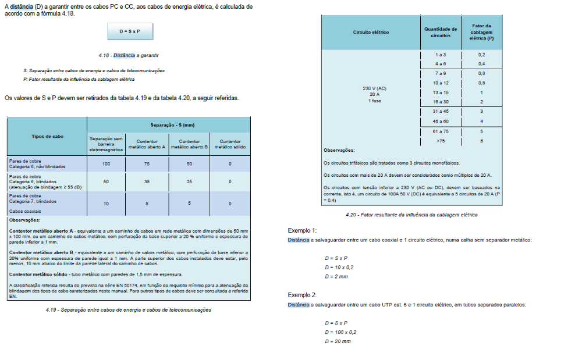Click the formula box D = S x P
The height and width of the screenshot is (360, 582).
point(130,31)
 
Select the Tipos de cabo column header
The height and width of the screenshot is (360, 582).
point(47,136)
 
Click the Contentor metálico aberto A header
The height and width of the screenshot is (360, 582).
point(147,144)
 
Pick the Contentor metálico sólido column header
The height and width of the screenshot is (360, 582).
point(230,144)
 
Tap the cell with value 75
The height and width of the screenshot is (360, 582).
point(147,164)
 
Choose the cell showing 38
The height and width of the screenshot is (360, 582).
point(147,181)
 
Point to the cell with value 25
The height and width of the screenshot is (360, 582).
point(189,181)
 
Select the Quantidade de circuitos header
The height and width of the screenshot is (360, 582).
point(441,32)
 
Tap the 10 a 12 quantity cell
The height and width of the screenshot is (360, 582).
point(441,83)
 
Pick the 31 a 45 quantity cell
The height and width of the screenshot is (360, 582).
point(441,111)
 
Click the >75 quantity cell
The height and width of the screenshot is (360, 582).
point(441,140)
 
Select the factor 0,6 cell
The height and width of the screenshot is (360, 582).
point(481,73)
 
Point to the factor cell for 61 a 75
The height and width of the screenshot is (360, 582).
point(481,131)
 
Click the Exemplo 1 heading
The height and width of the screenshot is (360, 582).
point(303,230)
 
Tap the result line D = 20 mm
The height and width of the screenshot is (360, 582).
point(338,341)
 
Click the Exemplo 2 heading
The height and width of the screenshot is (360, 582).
point(303,295)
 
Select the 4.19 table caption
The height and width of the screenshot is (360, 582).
point(128,309)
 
